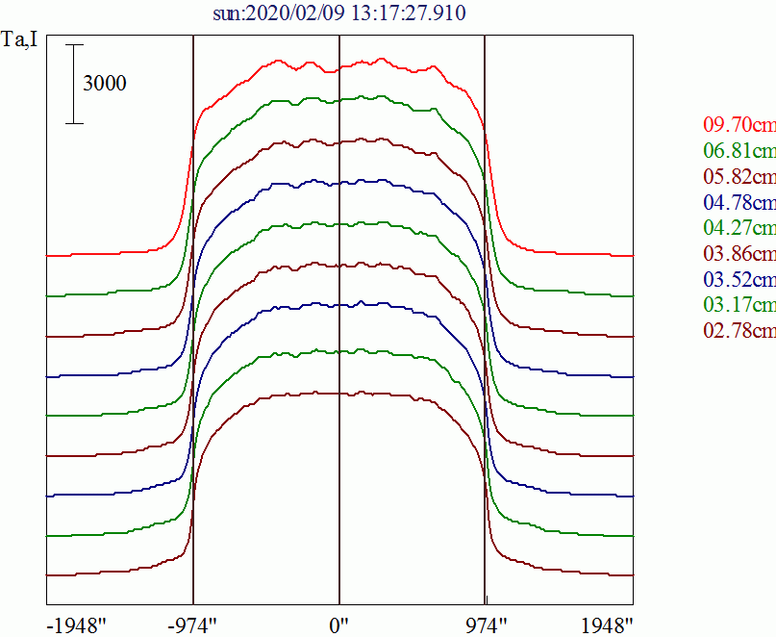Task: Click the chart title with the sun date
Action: pyautogui.click(x=340, y=14)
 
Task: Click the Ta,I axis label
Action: pyautogui.click(x=21, y=42)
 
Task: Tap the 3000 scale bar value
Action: pyautogui.click(x=104, y=84)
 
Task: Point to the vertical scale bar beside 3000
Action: pyautogui.click(x=76, y=84)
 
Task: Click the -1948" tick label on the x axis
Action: pyautogui.click(x=76, y=624)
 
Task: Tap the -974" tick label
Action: pyautogui.click(x=193, y=624)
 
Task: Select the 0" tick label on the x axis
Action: pyautogui.click(x=339, y=624)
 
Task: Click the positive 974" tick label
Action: pyautogui.click(x=484, y=624)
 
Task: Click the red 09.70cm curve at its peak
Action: pyautogui.click(x=279, y=62)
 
